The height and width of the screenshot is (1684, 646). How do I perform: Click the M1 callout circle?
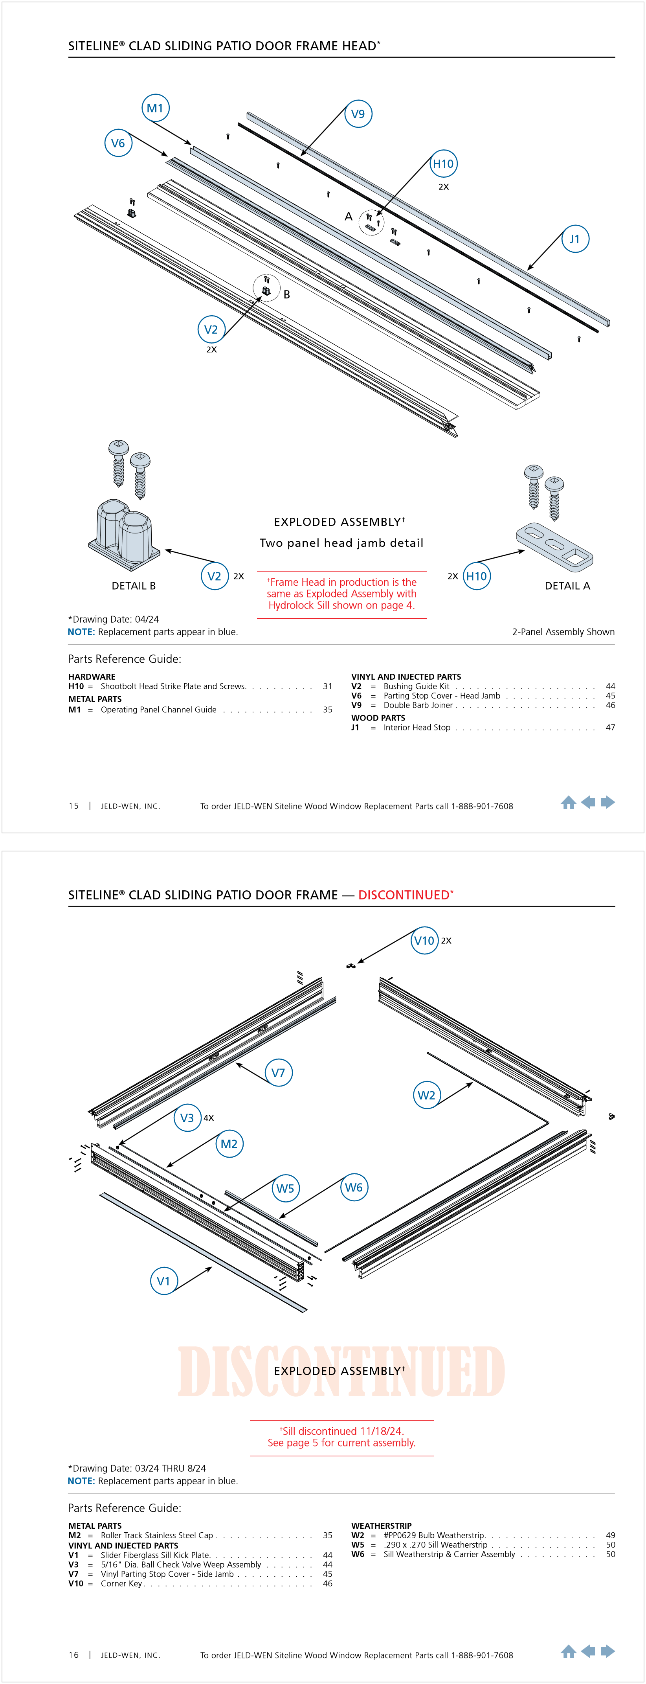156,108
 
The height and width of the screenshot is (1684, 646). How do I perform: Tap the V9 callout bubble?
358,114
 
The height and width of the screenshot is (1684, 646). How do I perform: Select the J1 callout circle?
575,239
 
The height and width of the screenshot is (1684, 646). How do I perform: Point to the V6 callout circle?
118,143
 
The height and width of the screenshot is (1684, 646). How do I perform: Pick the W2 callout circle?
426,1095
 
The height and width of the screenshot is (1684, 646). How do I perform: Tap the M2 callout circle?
229,1144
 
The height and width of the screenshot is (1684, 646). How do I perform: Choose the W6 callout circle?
354,1187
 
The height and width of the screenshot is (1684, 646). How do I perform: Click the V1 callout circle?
163,1281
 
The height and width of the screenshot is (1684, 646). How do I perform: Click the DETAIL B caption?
134,586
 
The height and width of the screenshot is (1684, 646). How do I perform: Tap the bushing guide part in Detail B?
124,532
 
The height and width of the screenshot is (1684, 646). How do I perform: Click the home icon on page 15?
568,802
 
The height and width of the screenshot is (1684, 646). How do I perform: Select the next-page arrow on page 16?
608,1651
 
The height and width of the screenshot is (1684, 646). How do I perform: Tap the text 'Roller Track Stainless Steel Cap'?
157,1535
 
